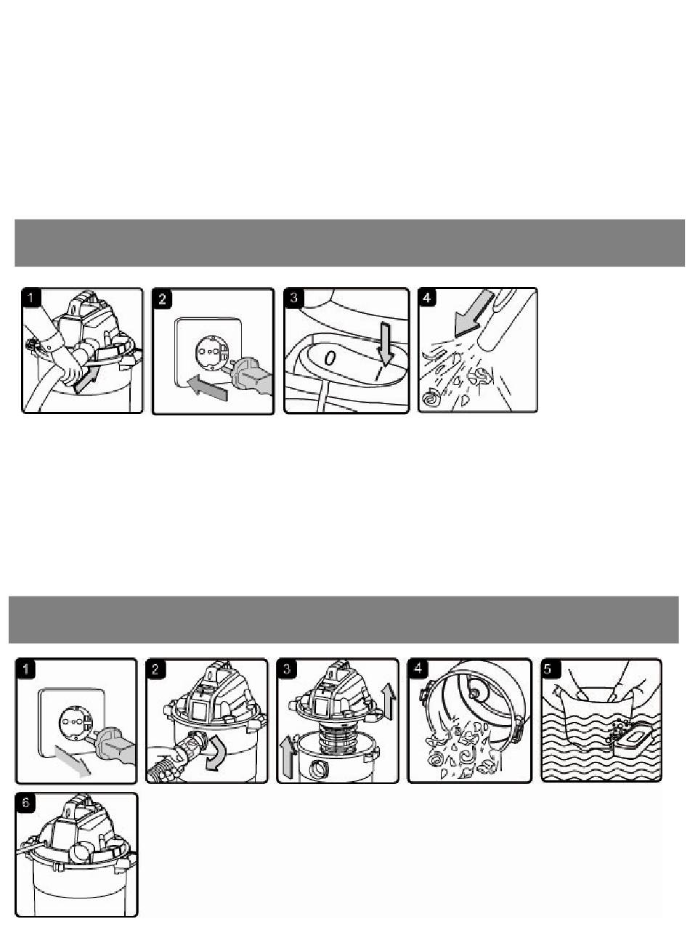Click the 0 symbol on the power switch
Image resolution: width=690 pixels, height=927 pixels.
330,358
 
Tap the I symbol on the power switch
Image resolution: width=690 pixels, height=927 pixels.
379,373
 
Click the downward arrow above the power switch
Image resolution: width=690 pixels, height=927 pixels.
386,343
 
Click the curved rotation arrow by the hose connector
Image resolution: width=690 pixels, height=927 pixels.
216,753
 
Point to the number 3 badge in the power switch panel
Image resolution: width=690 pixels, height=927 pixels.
293,298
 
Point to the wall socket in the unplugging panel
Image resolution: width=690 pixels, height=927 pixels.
75,723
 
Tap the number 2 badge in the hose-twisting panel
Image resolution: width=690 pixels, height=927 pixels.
155,669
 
